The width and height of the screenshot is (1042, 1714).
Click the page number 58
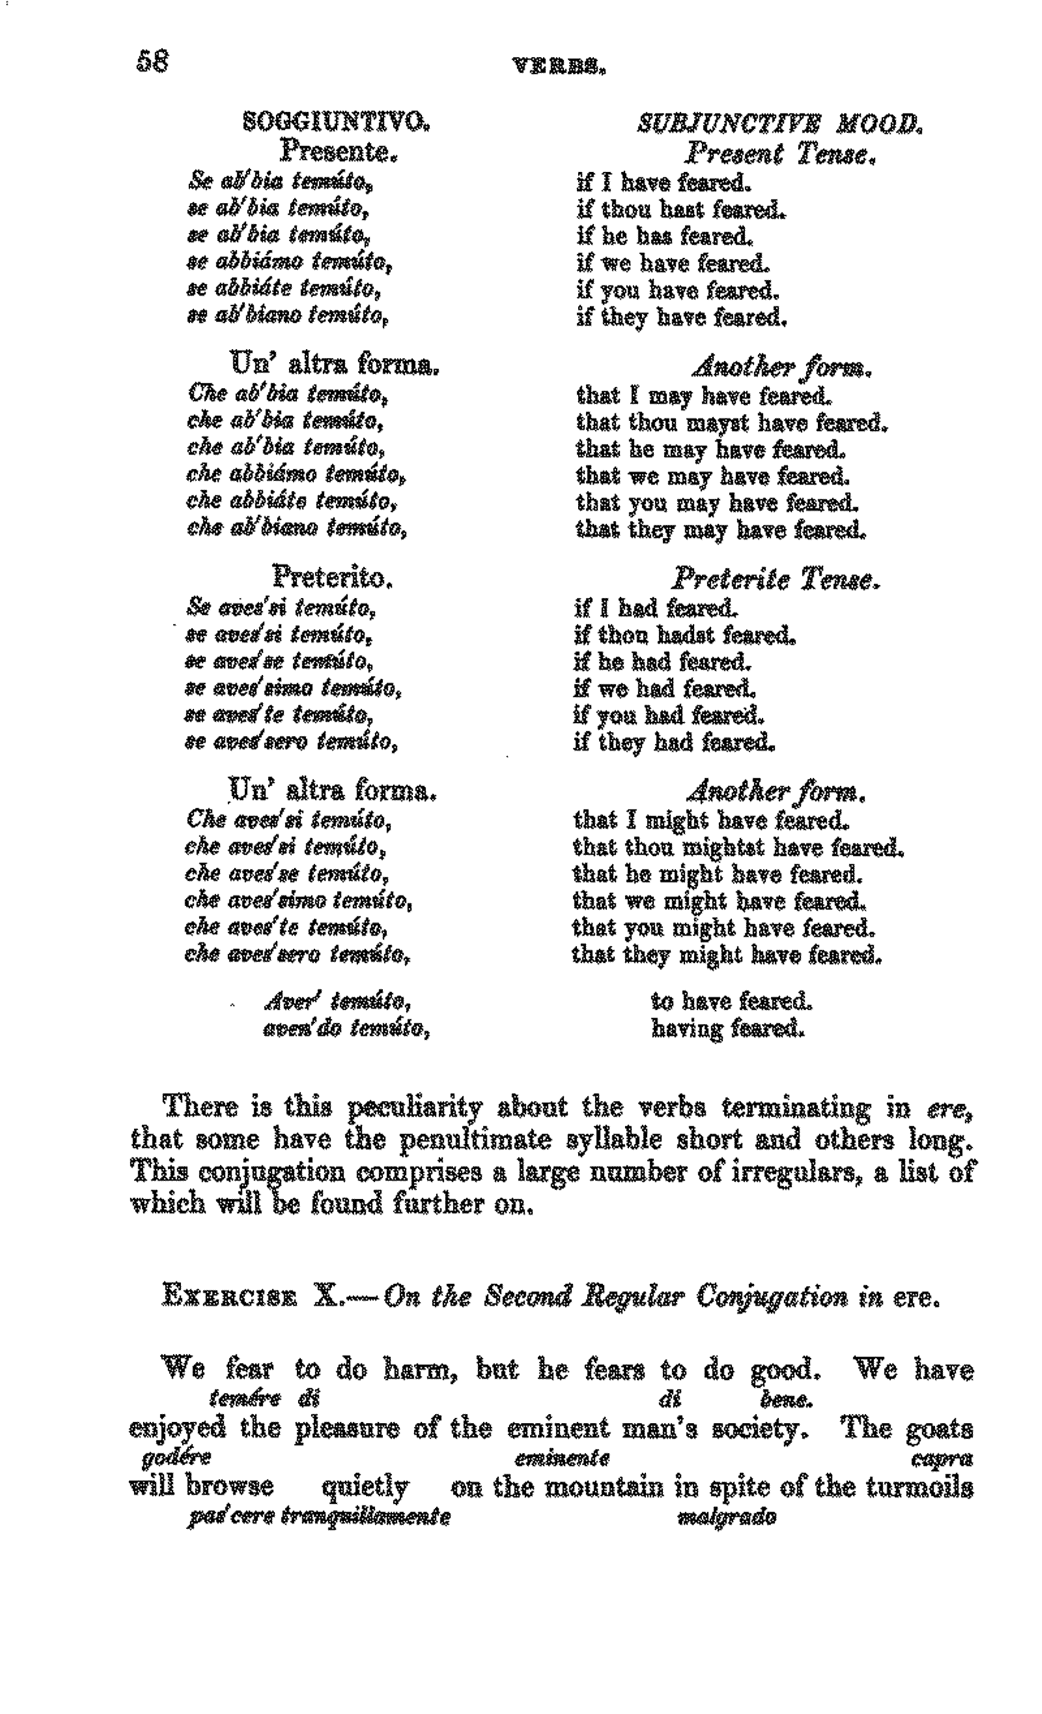click(152, 62)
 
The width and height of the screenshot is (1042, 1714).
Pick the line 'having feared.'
click(727, 1027)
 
